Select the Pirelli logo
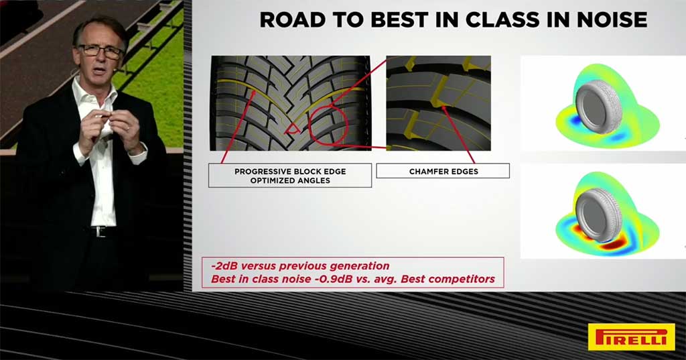tap(631, 337)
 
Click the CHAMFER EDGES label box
tap(443, 171)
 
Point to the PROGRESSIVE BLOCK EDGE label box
tap(290, 176)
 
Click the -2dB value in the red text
tap(224, 266)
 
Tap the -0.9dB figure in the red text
tap(334, 279)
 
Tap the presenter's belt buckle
tap(101, 232)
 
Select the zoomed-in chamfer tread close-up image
tap(438, 103)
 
